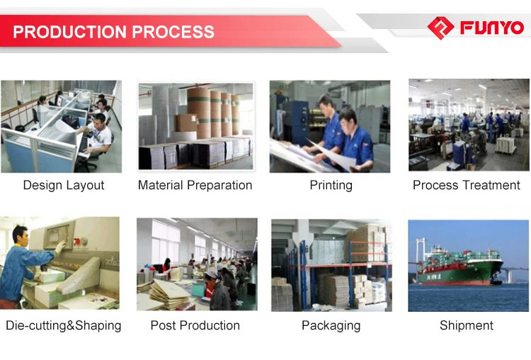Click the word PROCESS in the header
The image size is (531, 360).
[x=174, y=32]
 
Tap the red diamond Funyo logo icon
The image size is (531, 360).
[x=440, y=28]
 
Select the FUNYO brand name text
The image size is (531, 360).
[x=492, y=28]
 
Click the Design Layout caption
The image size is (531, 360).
[x=64, y=185]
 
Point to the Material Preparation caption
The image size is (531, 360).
[x=195, y=185]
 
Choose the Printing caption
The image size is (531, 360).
[x=331, y=185]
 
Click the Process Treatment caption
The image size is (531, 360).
[x=467, y=185]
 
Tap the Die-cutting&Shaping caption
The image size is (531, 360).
[x=64, y=325]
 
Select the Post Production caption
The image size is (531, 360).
[x=195, y=325]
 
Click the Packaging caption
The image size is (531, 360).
[x=331, y=325]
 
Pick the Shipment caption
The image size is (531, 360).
[x=467, y=325]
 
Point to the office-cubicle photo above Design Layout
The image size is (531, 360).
[x=61, y=126]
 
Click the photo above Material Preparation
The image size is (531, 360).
[x=195, y=126]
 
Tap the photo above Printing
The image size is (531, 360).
[x=330, y=126]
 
